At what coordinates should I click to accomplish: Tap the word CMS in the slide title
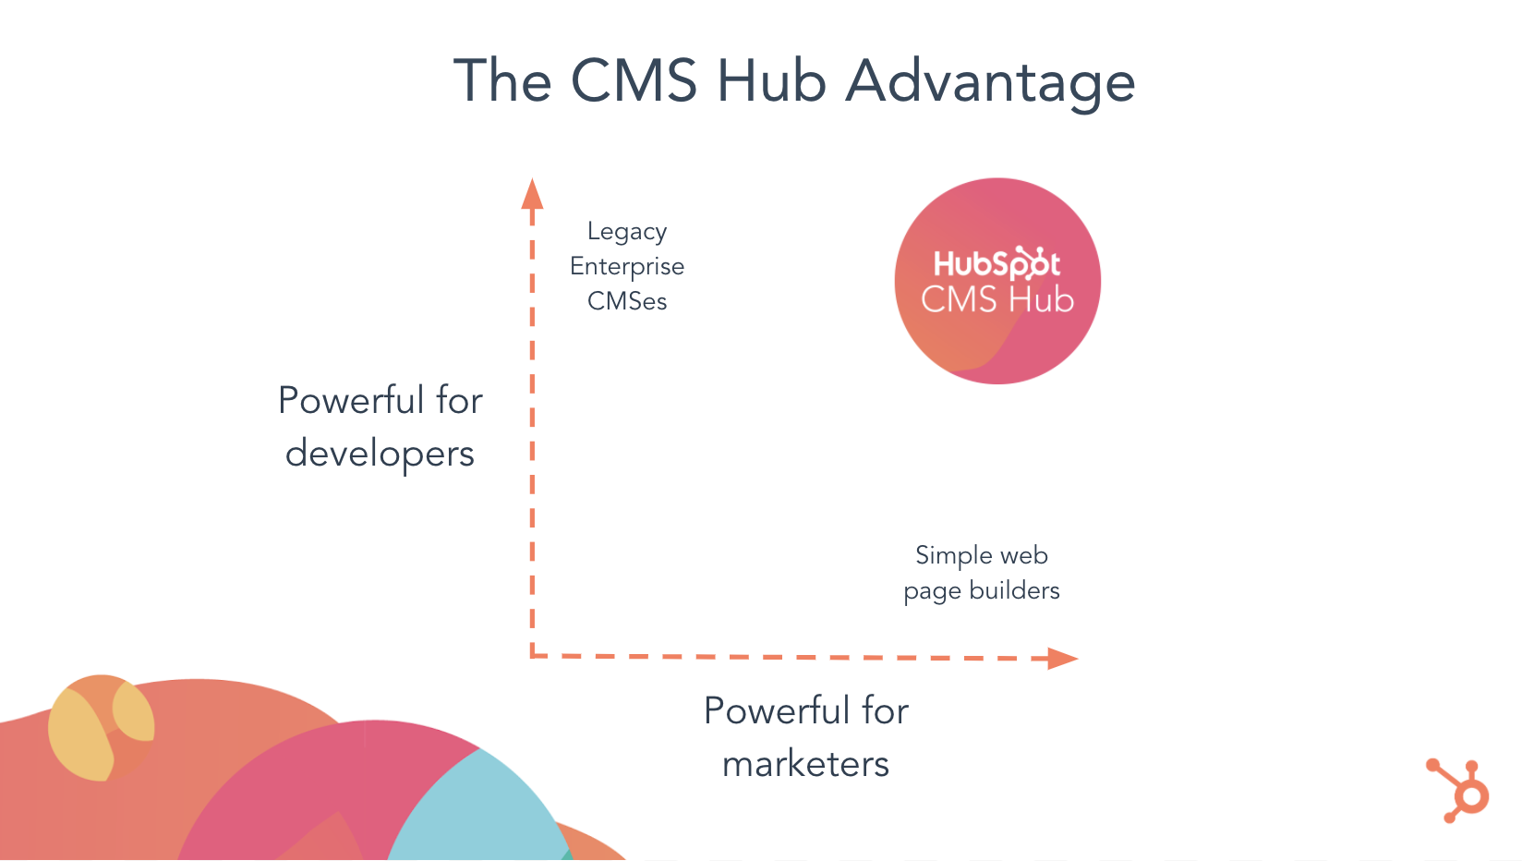coord(634,80)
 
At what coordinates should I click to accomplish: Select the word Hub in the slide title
coord(771,80)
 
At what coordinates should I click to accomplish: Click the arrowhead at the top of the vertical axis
coord(532,194)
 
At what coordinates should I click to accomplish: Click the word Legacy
coord(627,232)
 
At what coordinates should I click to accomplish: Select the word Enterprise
coord(627,267)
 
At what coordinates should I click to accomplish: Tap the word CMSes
coord(627,301)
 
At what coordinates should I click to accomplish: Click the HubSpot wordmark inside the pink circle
coord(997,264)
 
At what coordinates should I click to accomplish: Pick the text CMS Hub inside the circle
coord(997,300)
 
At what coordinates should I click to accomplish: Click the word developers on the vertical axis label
coord(380,454)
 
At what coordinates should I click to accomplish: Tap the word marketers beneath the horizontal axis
coord(805,764)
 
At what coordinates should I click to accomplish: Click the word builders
coord(1014,591)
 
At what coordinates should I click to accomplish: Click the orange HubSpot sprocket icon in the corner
coord(1460,791)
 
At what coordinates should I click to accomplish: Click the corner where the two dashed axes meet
coord(533,656)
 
